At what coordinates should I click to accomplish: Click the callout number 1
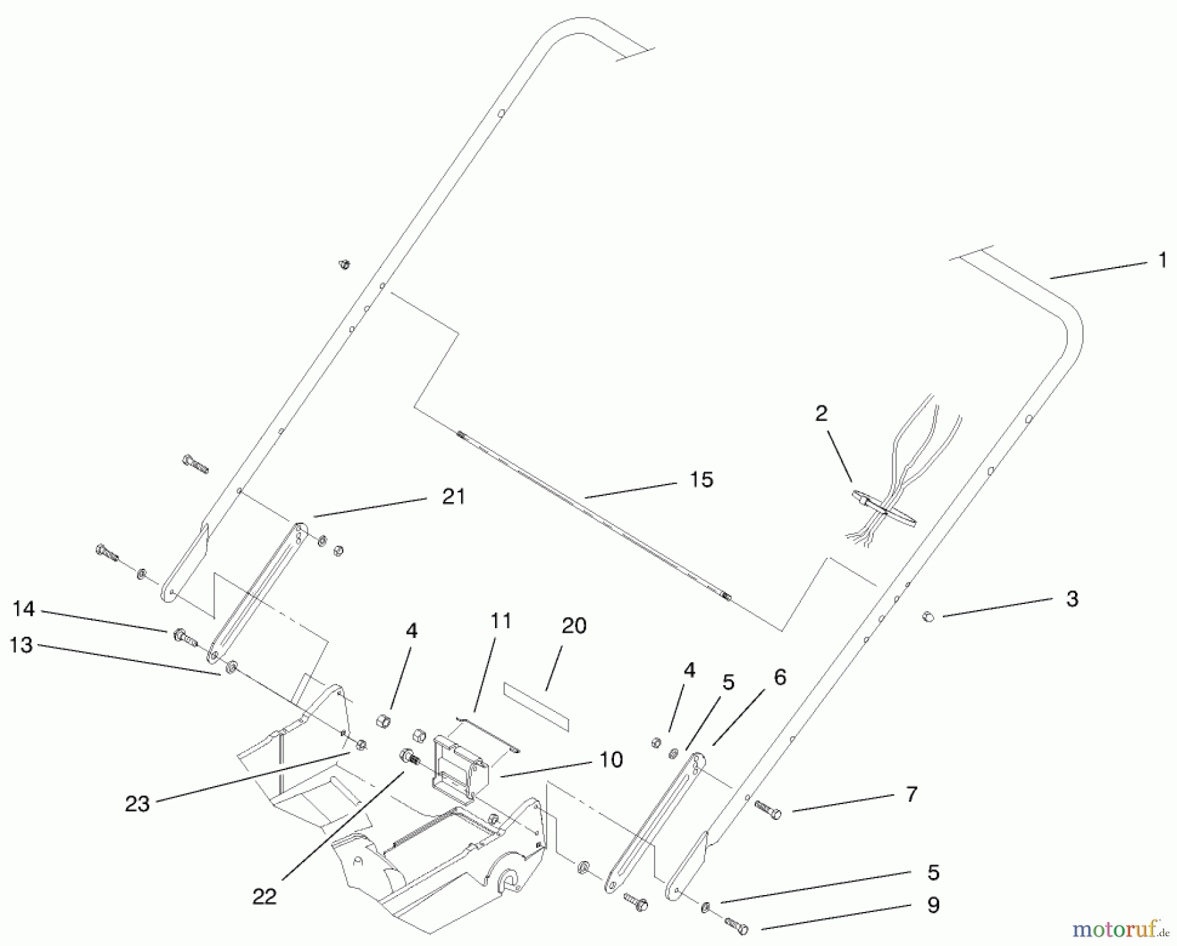coord(1162,261)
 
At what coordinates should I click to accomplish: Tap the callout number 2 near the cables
coord(821,413)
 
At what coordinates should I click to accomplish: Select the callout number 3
coord(1072,599)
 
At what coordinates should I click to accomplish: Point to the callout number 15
coord(701,480)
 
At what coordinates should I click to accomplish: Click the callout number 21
coord(453,497)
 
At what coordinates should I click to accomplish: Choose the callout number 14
coord(24,609)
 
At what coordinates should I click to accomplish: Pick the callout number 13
coord(21,645)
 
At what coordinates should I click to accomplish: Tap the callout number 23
coord(137,804)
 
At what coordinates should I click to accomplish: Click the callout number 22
coord(265,896)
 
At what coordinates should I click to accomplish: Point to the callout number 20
coord(573,626)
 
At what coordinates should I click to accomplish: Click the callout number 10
coord(611,760)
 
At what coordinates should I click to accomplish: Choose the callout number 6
coord(779,677)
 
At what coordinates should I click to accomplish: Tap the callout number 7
coord(912,795)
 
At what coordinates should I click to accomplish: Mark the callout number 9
coord(933,905)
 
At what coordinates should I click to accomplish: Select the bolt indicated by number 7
coord(768,809)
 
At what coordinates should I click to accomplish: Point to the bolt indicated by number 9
coord(738,925)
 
